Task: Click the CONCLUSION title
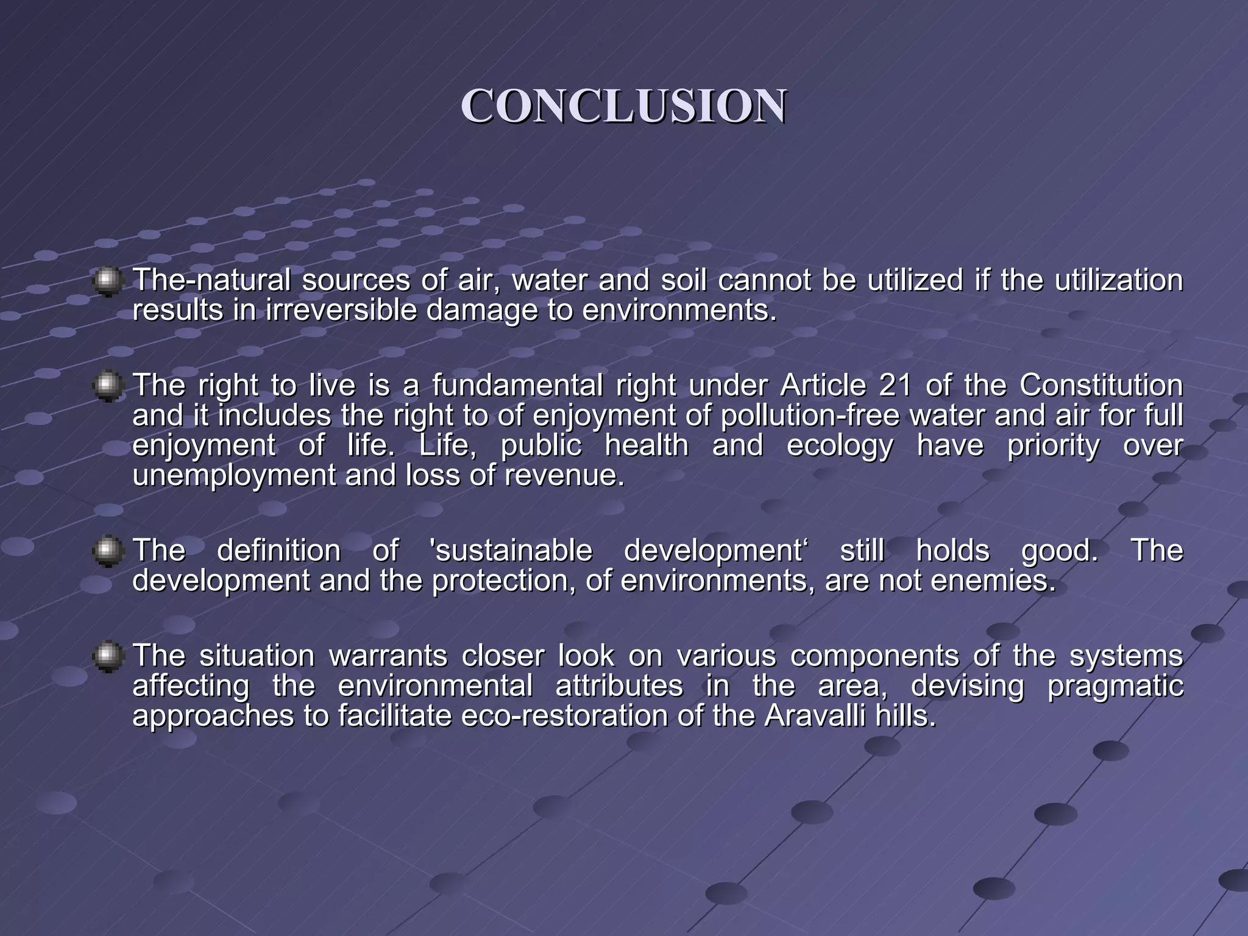click(x=623, y=107)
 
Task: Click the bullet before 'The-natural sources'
click(x=108, y=281)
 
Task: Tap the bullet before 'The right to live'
click(x=108, y=386)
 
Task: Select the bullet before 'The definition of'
click(x=108, y=551)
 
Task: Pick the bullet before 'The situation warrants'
click(x=108, y=656)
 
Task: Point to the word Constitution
click(x=1101, y=385)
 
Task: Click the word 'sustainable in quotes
click(x=511, y=551)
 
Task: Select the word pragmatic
click(x=1115, y=686)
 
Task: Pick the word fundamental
click(x=517, y=385)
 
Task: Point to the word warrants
click(x=388, y=656)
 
